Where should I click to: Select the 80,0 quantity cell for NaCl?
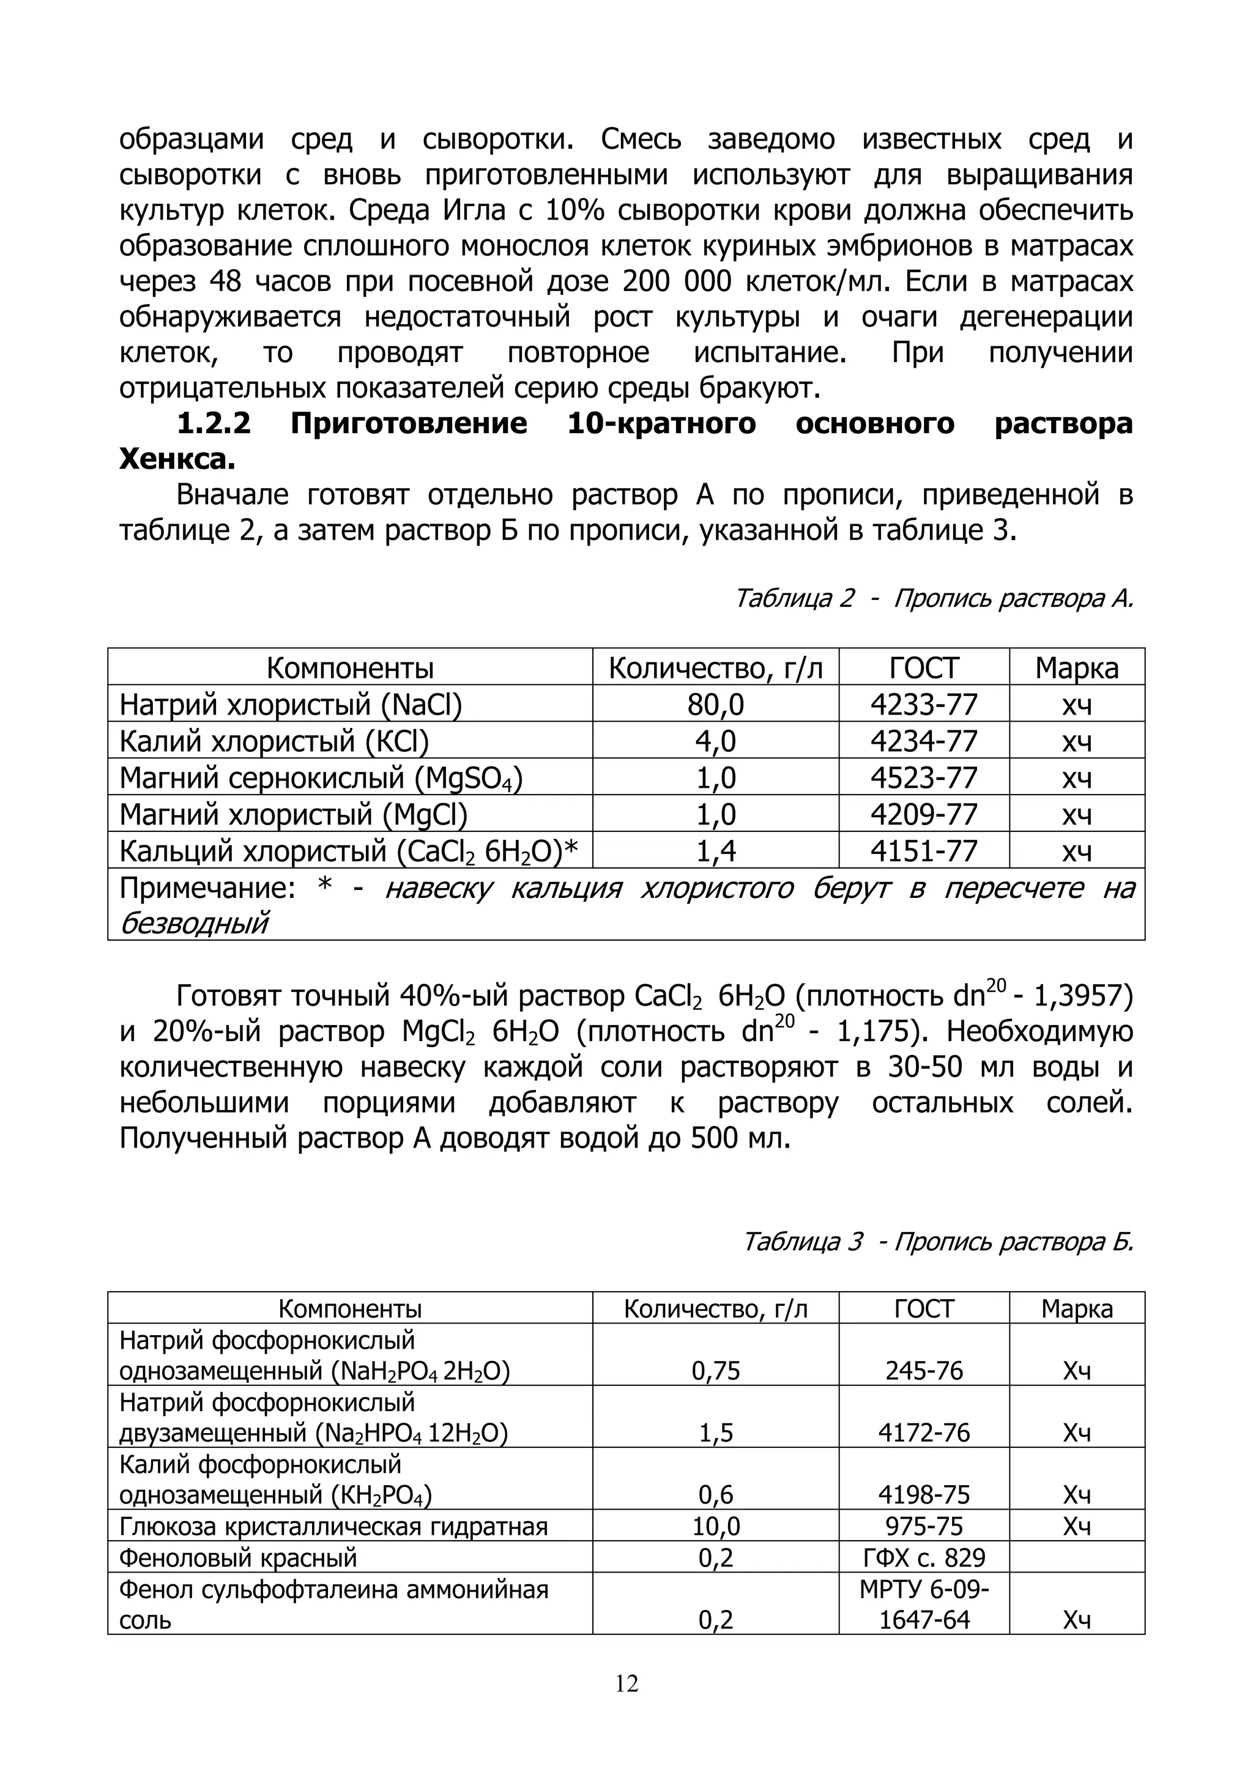click(716, 705)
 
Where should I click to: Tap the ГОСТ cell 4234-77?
click(923, 741)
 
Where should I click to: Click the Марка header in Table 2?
click(1076, 667)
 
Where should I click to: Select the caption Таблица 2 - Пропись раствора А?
click(934, 598)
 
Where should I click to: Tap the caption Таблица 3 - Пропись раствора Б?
click(937, 1242)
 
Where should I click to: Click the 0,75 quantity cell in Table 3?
click(716, 1371)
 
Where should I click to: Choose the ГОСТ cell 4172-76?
click(923, 1433)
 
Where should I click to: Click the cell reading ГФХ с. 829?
click(923, 1557)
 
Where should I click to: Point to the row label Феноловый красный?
click(238, 1557)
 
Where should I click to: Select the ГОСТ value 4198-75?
click(923, 1495)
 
